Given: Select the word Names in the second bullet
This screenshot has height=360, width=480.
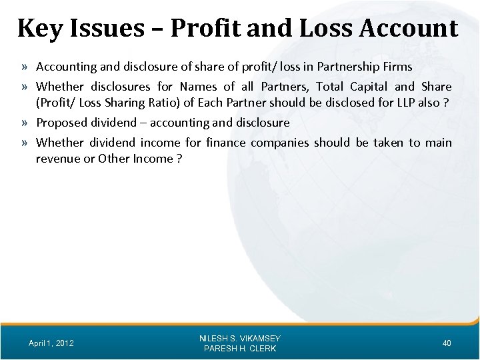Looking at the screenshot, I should coord(198,87).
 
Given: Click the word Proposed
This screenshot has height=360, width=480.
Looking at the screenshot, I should coord(60,123).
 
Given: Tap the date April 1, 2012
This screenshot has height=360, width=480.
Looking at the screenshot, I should coord(51,343).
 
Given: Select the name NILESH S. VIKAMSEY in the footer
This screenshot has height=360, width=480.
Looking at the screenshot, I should coord(240,339).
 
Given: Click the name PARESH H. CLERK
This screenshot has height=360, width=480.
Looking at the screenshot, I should coord(240,349).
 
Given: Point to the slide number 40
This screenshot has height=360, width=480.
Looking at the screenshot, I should coord(447,343).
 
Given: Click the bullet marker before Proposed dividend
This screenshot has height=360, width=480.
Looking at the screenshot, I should coord(24,123).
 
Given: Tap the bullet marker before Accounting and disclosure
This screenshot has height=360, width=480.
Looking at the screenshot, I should coord(24,67).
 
